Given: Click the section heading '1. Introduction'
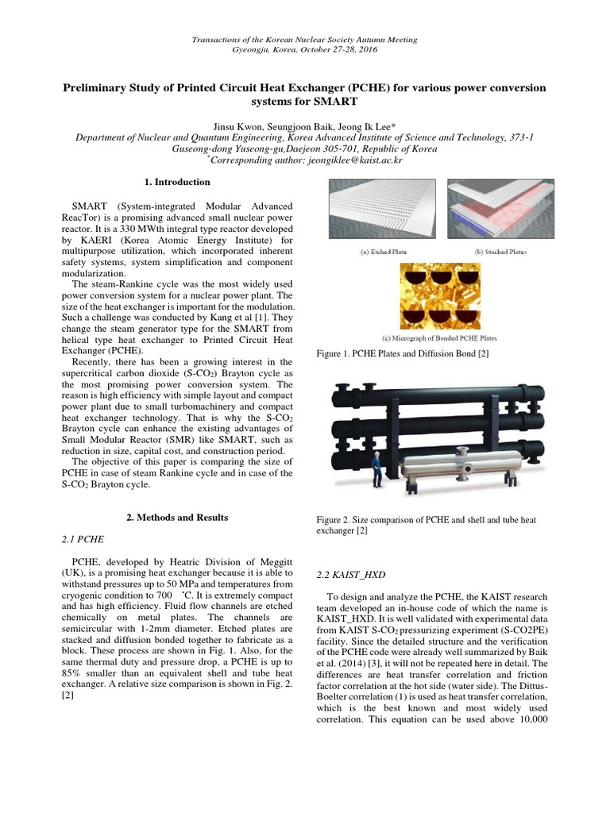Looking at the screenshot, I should click(x=177, y=183).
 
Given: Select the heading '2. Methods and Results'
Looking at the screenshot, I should click(x=177, y=518).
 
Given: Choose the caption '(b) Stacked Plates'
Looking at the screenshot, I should click(x=500, y=252).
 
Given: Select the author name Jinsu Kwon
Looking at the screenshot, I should click(x=239, y=126).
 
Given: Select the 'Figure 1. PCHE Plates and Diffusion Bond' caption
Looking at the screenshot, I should click(x=402, y=354).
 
